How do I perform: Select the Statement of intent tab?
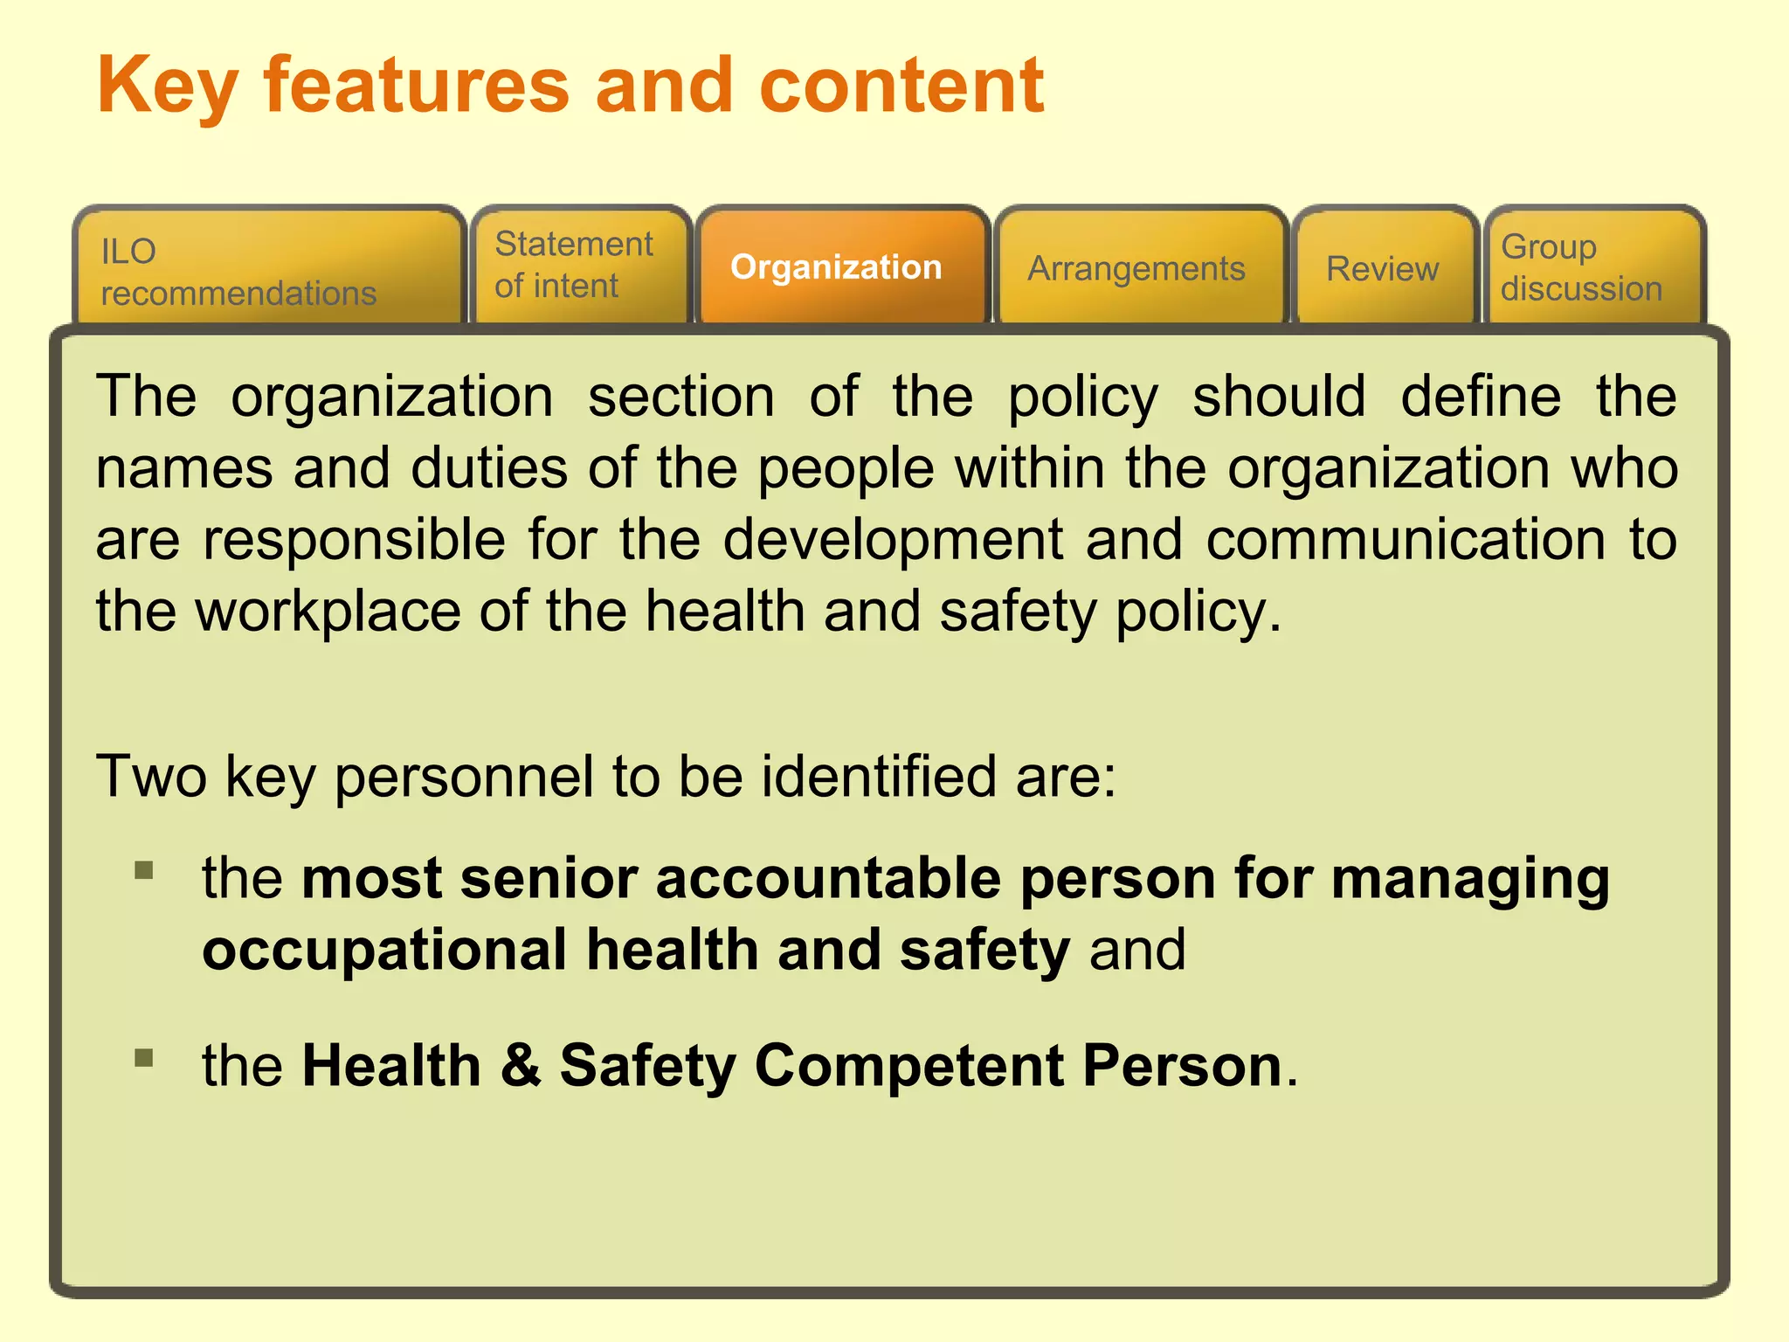pos(580,265)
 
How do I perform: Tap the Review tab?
pos(1382,269)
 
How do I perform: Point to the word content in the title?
pos(901,86)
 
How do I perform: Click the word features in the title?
pos(417,86)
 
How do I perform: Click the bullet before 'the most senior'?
pos(144,870)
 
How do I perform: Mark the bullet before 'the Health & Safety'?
pos(144,1058)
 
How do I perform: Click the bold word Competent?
pos(908,1066)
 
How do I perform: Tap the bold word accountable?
pos(827,878)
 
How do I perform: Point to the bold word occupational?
pos(384,951)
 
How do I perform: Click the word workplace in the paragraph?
pos(328,611)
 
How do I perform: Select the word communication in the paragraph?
pos(1405,539)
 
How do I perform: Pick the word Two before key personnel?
pos(150,776)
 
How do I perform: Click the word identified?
pos(878,776)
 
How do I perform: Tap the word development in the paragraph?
pos(893,539)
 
